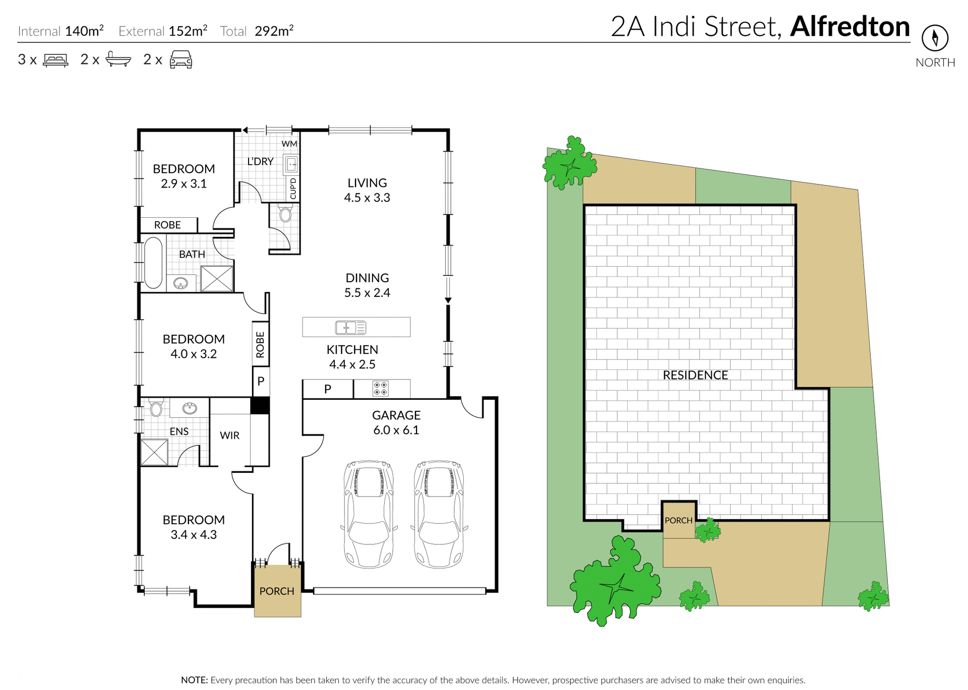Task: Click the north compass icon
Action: (x=935, y=38)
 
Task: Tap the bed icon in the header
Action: (x=55, y=60)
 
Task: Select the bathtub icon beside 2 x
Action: (x=118, y=59)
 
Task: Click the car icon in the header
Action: (x=181, y=59)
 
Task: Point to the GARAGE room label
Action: (x=396, y=415)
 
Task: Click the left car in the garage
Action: (x=369, y=514)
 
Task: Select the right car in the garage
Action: (x=439, y=514)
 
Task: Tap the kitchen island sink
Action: (x=351, y=328)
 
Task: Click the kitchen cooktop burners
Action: (x=381, y=389)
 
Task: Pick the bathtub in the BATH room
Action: (x=153, y=263)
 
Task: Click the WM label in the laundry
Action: (x=289, y=144)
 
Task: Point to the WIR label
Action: (x=230, y=435)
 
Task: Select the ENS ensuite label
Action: (x=179, y=431)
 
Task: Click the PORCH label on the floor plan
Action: (x=277, y=591)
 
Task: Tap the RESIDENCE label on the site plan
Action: (x=695, y=375)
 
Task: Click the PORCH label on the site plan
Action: (x=679, y=520)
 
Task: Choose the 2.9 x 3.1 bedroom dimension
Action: (x=184, y=184)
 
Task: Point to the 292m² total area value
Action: (x=274, y=31)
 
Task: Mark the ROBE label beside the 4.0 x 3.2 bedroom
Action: (x=260, y=344)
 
